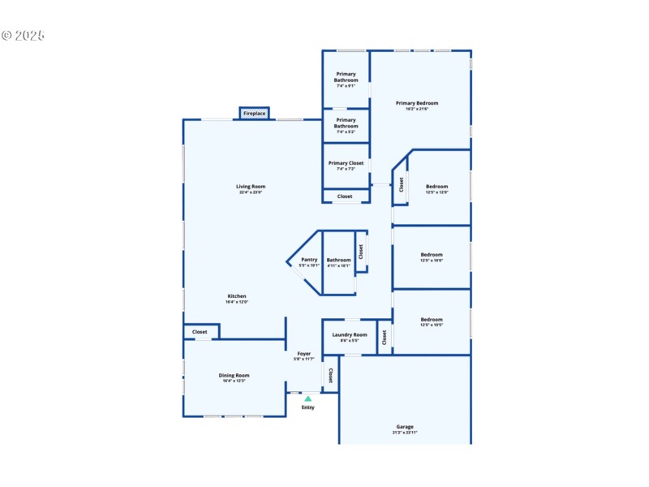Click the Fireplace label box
tap(254, 114)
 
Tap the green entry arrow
tap(307, 399)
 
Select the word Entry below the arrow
tap(307, 407)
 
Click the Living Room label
tap(251, 187)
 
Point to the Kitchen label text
tap(236, 296)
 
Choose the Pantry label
tap(309, 260)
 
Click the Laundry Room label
tap(350, 334)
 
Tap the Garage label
tap(405, 427)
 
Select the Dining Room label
tap(234, 375)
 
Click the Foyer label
tap(303, 354)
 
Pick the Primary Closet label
tap(346, 163)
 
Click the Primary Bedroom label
tap(417, 103)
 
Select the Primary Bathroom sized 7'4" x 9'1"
tap(346, 77)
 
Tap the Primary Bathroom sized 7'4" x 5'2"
tap(346, 123)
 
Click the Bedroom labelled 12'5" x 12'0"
tap(436, 187)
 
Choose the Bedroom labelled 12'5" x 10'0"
tap(432, 255)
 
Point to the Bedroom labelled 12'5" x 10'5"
tap(432, 320)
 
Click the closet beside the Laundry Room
tap(385, 336)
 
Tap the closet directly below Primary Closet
tap(345, 196)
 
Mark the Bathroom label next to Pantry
tap(338, 260)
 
